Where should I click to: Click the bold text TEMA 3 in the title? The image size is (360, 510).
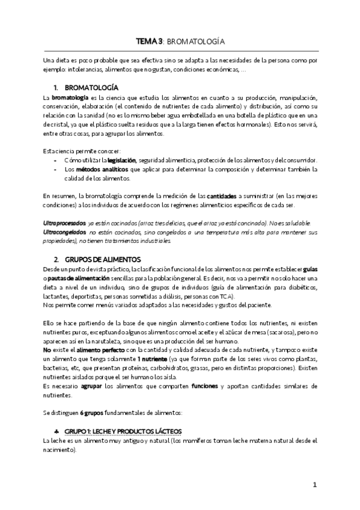148,41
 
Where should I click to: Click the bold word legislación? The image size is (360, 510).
123,160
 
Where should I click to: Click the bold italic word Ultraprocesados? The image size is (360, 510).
64,223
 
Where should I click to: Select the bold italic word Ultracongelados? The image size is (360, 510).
64,232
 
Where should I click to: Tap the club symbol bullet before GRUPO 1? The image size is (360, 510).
55,432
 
